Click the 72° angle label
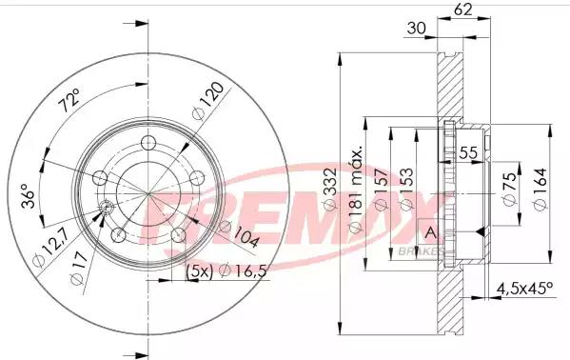[69, 100]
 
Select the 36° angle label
[28, 196]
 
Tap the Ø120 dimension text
[208, 101]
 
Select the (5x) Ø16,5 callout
[226, 271]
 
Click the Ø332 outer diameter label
[330, 189]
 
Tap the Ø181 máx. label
[356, 190]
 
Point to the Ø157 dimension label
[381, 189]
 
